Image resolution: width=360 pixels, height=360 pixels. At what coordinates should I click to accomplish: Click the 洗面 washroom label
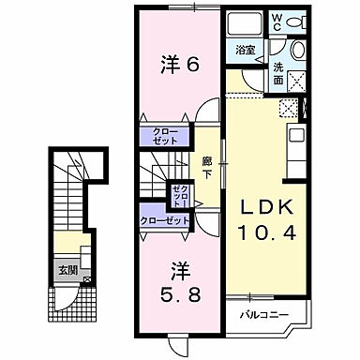pyautogui.click(x=278, y=72)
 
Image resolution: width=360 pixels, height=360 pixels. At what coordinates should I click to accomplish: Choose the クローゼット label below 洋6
pyautogui.click(x=159, y=136)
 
